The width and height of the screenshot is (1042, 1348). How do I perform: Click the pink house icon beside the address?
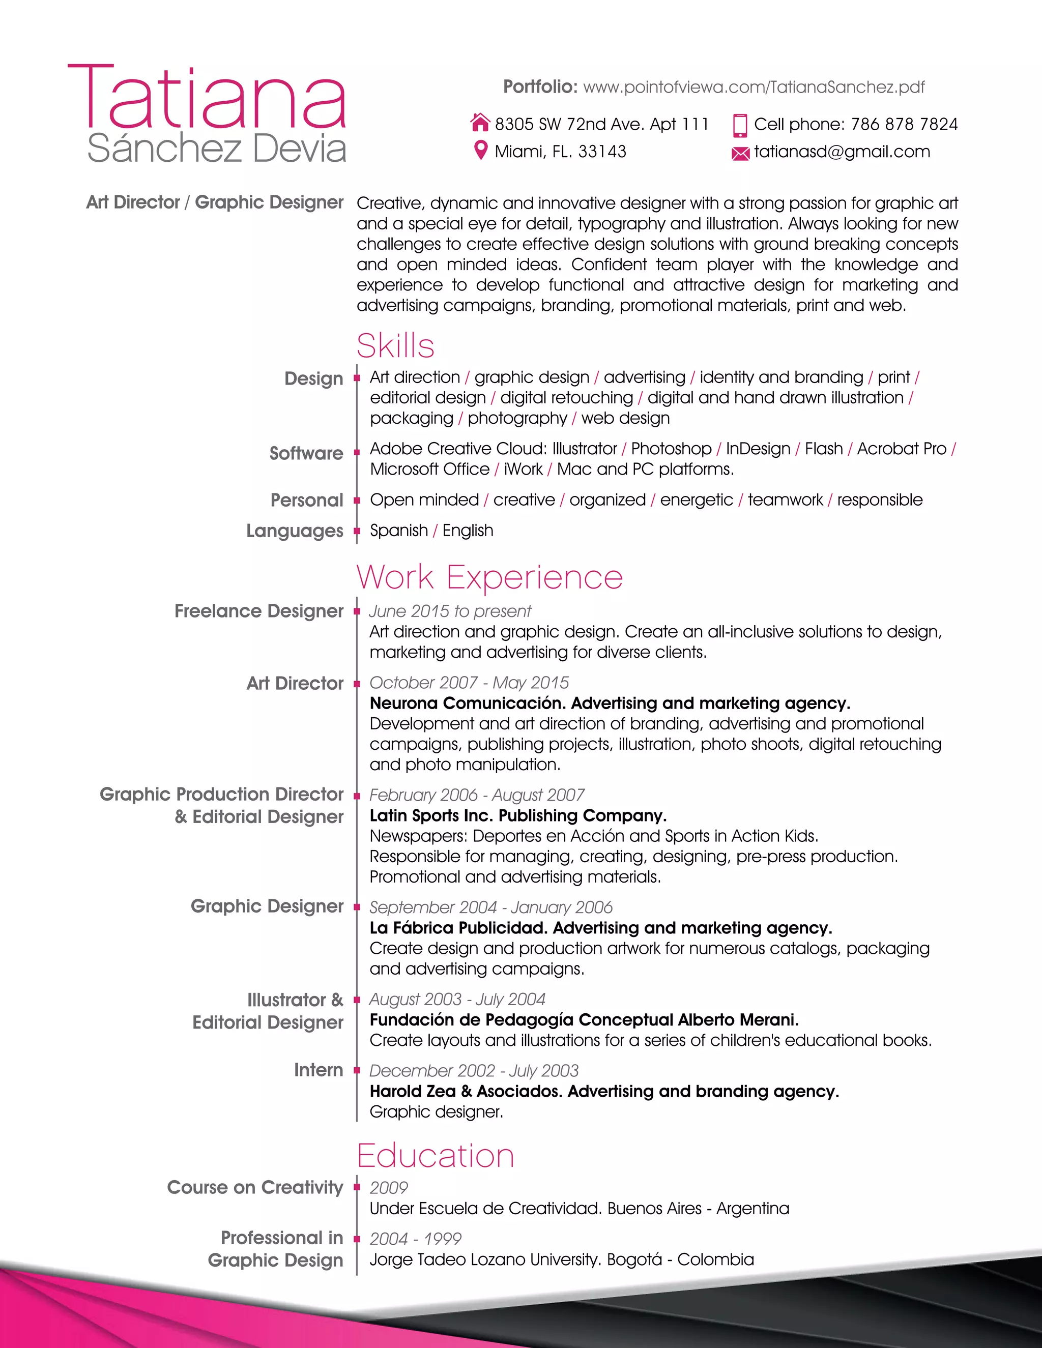point(480,123)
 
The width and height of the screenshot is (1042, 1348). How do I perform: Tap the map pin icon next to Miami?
point(480,150)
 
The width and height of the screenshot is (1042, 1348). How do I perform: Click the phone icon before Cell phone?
point(739,125)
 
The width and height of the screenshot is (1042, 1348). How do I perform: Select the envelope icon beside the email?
point(740,153)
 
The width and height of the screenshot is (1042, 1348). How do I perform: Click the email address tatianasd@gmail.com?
point(842,151)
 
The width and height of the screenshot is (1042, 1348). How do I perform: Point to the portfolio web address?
point(753,87)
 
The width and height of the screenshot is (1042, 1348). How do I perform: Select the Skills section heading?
point(395,345)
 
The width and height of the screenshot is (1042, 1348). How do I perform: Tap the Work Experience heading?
point(489,577)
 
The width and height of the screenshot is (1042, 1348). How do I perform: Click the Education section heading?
point(435,1155)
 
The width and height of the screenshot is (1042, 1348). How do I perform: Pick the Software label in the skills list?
point(306,453)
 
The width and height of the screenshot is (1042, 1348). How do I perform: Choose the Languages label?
point(295,531)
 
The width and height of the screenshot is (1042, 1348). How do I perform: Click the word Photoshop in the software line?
point(671,449)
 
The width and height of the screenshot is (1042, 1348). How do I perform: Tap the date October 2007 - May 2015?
point(469,683)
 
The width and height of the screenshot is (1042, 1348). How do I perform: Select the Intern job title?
point(318,1070)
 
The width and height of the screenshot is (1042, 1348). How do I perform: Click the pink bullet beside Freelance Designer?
point(357,611)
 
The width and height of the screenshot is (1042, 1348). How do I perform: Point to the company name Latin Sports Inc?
point(431,815)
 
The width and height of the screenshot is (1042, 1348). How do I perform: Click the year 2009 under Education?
point(389,1188)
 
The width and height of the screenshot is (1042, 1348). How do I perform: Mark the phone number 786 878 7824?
point(904,124)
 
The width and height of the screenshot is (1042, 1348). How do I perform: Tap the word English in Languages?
point(468,530)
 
